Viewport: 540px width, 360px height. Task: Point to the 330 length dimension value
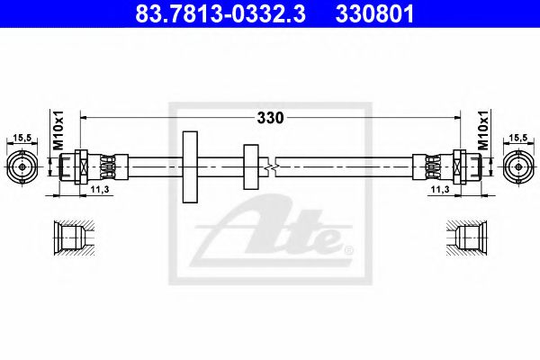271,117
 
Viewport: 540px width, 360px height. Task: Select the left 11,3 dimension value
100,191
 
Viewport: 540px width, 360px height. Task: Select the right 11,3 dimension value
440,191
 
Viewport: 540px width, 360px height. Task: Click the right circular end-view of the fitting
517,166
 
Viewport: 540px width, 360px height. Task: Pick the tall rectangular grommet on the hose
189,166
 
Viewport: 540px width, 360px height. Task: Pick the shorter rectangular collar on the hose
250,166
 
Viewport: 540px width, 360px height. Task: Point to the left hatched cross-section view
71,238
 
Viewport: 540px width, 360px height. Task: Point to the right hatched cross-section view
468,238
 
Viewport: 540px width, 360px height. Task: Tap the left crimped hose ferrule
107,166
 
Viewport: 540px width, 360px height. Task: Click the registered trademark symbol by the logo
350,247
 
